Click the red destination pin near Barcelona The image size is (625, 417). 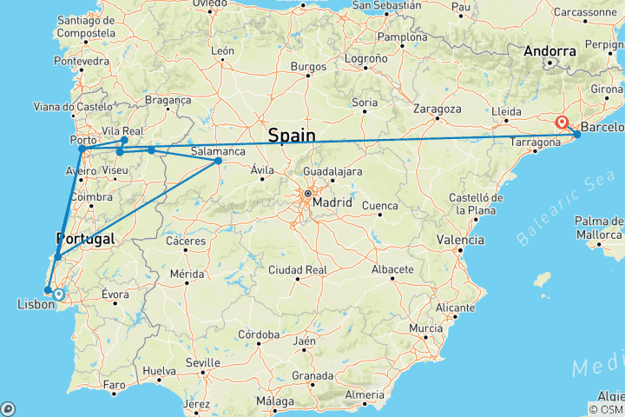[562, 122]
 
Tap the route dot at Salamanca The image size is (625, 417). [218, 161]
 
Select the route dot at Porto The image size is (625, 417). [82, 149]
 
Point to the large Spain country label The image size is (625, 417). [291, 136]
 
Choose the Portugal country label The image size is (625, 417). [85, 239]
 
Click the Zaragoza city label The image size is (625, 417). [437, 109]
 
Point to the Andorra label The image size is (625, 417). [549, 52]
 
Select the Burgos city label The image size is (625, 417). [308, 66]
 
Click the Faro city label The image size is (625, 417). [114, 385]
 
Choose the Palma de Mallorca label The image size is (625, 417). [600, 228]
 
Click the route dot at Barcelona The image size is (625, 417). [577, 134]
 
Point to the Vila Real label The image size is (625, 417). [122, 131]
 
